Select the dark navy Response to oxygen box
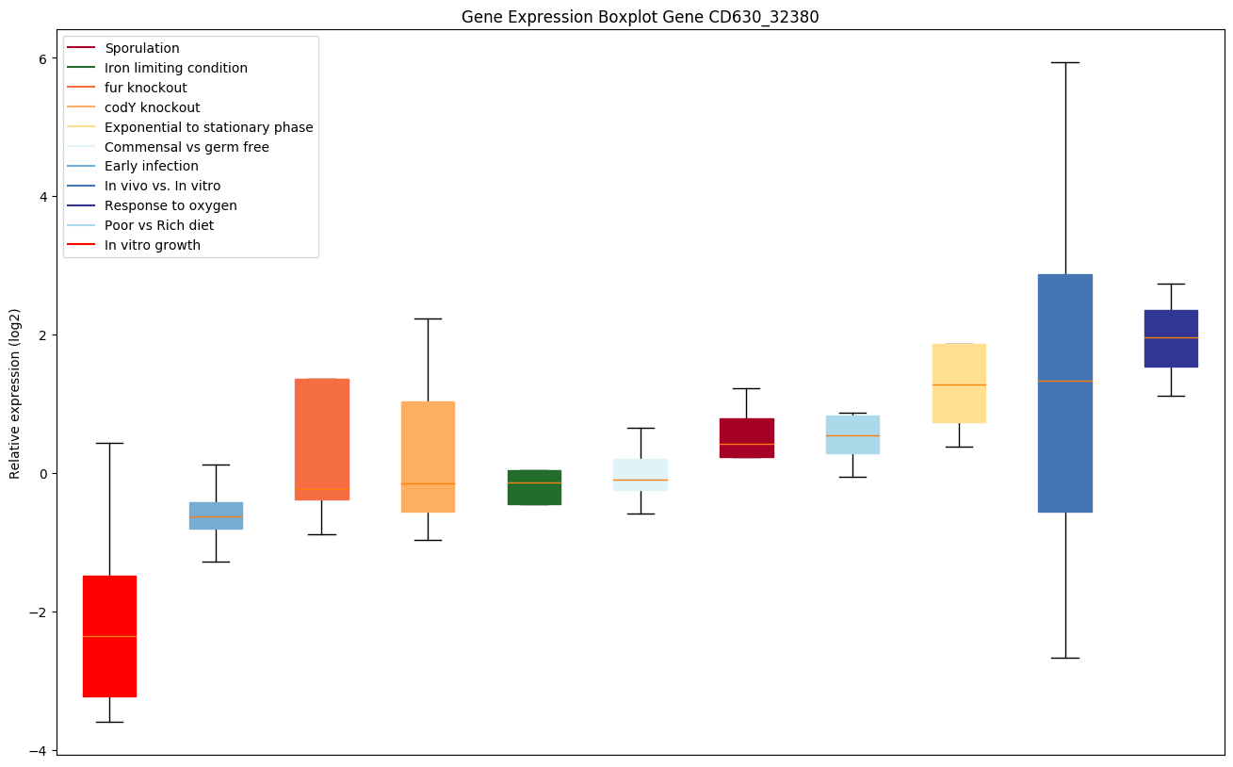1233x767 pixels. (1171, 338)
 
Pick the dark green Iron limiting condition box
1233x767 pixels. (534, 487)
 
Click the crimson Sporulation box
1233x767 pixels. (746, 438)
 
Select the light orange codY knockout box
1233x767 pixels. (428, 457)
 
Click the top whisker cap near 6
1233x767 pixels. (1064, 62)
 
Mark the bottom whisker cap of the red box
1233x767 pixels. (109, 722)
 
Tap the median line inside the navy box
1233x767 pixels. (1171, 337)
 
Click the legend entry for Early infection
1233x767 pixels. (152, 167)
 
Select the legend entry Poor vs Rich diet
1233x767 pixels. (159, 225)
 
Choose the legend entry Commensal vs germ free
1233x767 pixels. (187, 147)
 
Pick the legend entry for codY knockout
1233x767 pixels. (153, 107)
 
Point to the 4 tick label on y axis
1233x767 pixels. (42, 197)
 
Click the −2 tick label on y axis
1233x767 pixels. (39, 612)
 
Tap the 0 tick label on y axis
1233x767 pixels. (42, 473)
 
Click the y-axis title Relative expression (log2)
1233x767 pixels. (15, 393)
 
